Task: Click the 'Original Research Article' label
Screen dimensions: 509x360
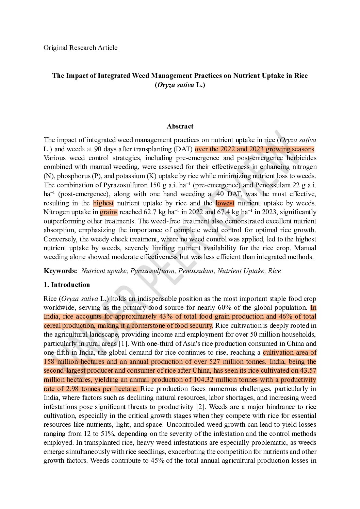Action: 80,48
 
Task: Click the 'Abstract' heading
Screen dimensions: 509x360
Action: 180,126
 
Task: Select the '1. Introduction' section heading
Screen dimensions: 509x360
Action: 67,285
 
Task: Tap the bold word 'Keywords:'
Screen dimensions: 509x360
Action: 61,271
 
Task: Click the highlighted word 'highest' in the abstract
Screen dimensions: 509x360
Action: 103,203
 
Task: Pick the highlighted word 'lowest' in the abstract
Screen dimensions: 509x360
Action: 225,203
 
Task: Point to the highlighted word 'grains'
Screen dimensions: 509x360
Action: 109,212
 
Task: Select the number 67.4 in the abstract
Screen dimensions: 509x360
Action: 224,212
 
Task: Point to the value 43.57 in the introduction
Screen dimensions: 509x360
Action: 308,370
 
